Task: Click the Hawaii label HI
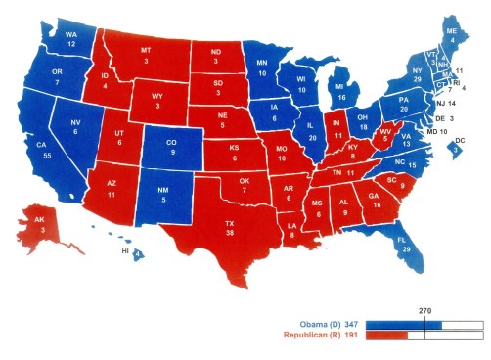pos(125,252)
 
